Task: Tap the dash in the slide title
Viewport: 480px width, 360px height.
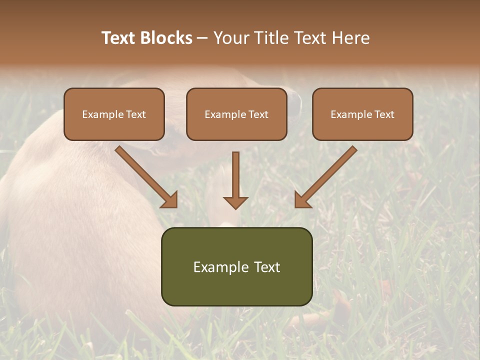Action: coord(202,38)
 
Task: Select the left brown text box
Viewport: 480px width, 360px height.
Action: coord(114,114)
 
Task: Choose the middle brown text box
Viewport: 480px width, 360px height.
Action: coord(236,114)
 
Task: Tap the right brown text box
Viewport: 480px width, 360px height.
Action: coord(362,114)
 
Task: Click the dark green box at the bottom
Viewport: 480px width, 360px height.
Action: coord(236,266)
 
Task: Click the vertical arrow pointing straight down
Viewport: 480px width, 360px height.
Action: coord(235,180)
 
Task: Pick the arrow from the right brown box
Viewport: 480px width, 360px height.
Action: coord(325,177)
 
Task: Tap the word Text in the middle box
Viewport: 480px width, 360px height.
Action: coord(258,114)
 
